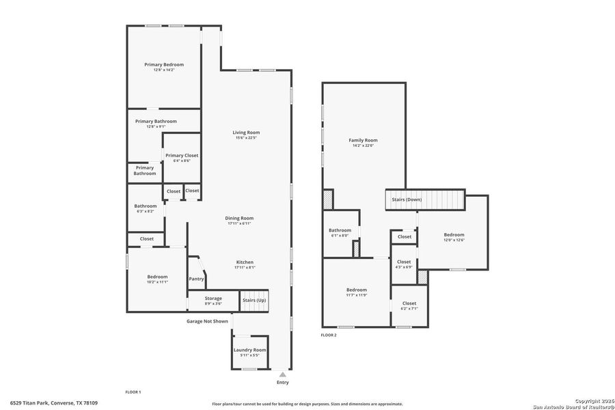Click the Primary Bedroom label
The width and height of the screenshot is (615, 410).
click(164, 64)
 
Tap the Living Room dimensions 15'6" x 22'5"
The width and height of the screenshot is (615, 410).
click(246, 138)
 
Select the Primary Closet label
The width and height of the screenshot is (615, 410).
click(182, 155)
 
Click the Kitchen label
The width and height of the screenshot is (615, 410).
click(245, 262)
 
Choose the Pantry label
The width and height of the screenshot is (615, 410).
click(196, 278)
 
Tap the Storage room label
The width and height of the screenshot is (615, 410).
click(213, 298)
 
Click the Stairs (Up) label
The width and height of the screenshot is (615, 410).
click(254, 300)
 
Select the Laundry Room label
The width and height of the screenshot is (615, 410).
click(249, 350)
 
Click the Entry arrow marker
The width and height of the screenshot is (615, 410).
click(282, 374)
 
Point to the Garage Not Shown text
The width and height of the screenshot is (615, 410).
click(207, 320)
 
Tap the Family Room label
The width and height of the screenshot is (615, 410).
click(363, 140)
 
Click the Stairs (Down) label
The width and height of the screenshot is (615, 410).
click(407, 199)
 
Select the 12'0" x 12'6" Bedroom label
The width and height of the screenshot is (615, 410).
click(454, 234)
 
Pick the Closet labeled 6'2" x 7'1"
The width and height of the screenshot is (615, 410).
click(409, 303)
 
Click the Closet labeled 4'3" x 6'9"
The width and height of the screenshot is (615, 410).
click(404, 262)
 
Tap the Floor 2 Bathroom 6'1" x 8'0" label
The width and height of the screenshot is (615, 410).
click(340, 230)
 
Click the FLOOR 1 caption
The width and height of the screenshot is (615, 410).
click(133, 392)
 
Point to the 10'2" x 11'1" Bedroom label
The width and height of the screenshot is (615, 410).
click(157, 276)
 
